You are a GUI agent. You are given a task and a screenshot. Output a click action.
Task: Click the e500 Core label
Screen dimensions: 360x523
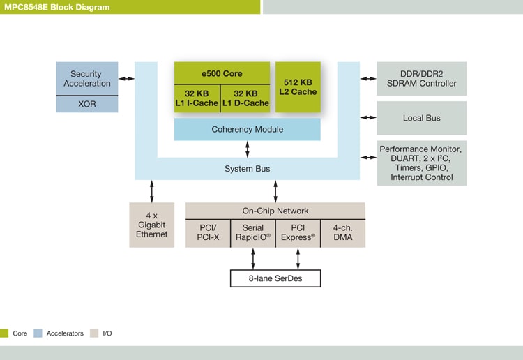tap(222, 72)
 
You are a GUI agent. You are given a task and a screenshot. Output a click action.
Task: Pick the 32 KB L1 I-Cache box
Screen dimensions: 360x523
tap(197, 98)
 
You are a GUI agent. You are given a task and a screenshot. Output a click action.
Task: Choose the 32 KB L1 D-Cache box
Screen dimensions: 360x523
tap(245, 98)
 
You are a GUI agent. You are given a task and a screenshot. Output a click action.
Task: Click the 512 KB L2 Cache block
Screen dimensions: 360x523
tap(298, 87)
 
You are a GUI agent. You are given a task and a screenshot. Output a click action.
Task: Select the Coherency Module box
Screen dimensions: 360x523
tap(247, 129)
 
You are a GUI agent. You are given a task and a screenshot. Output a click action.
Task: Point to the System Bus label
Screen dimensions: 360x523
tap(247, 169)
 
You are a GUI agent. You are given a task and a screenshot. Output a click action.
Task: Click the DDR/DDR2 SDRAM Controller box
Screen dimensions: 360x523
tap(421, 79)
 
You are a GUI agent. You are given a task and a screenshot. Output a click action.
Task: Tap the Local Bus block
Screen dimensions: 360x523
tap(421, 118)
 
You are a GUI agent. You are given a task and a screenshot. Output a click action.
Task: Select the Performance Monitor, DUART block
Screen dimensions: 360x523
tap(421, 163)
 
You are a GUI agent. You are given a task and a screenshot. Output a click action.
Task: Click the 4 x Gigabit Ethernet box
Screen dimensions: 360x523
tap(151, 225)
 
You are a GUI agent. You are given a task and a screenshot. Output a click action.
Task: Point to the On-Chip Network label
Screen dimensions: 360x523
tap(275, 211)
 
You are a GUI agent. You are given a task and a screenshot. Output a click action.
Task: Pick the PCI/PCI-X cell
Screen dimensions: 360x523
tap(208, 233)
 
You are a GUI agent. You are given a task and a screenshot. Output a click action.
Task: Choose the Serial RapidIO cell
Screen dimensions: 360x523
tap(252, 233)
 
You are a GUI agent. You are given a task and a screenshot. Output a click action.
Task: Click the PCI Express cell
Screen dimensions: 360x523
tap(298, 233)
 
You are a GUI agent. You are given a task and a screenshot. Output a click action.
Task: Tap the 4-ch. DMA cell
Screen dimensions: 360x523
tap(342, 233)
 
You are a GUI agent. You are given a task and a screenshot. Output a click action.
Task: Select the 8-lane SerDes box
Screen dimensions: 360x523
tap(275, 278)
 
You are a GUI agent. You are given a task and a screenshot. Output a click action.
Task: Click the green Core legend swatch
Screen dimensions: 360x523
tap(4, 333)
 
